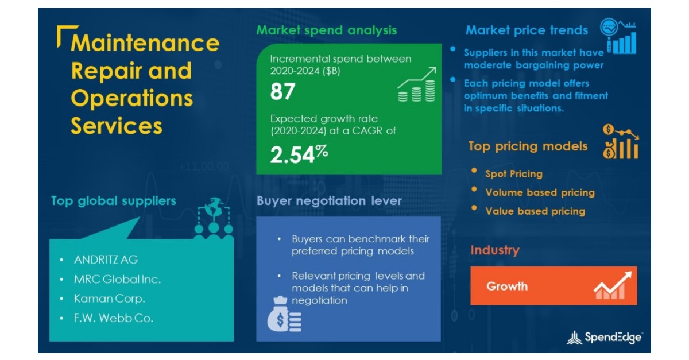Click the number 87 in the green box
[282, 92]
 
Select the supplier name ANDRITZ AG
[106, 260]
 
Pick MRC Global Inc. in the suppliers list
[118, 280]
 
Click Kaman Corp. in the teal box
[109, 299]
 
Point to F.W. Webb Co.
[114, 318]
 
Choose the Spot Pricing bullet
[513, 173]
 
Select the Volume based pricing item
[540, 192]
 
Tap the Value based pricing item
[535, 211]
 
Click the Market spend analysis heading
[326, 30]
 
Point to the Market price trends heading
[527, 30]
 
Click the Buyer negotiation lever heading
[329, 201]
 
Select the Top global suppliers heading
[114, 201]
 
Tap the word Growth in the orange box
[507, 286]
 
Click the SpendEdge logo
[605, 338]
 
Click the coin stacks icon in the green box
[416, 86]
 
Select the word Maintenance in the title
[145, 43]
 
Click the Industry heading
[494, 250]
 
